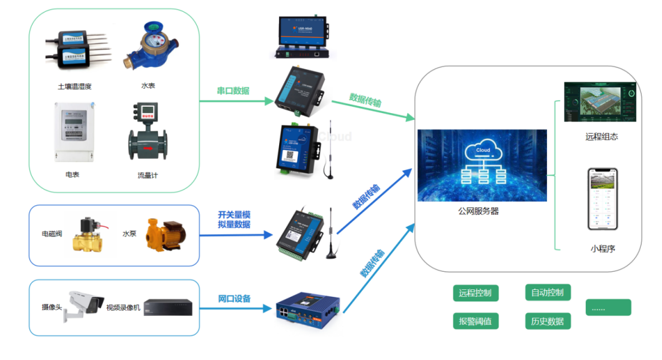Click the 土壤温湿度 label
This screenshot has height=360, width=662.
75,86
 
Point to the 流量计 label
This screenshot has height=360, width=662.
148,175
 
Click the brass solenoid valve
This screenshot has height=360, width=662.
89,236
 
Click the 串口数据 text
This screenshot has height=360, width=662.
233,91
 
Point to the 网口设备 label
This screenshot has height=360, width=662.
234,299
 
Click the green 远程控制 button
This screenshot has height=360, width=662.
475,292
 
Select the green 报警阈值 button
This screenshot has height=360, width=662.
475,321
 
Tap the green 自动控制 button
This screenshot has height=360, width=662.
547,292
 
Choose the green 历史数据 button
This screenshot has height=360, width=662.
547,321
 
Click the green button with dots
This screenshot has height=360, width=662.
608,307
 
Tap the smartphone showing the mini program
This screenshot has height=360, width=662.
602,199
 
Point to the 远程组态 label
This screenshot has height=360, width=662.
601,136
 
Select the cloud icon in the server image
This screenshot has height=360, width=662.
483,151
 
